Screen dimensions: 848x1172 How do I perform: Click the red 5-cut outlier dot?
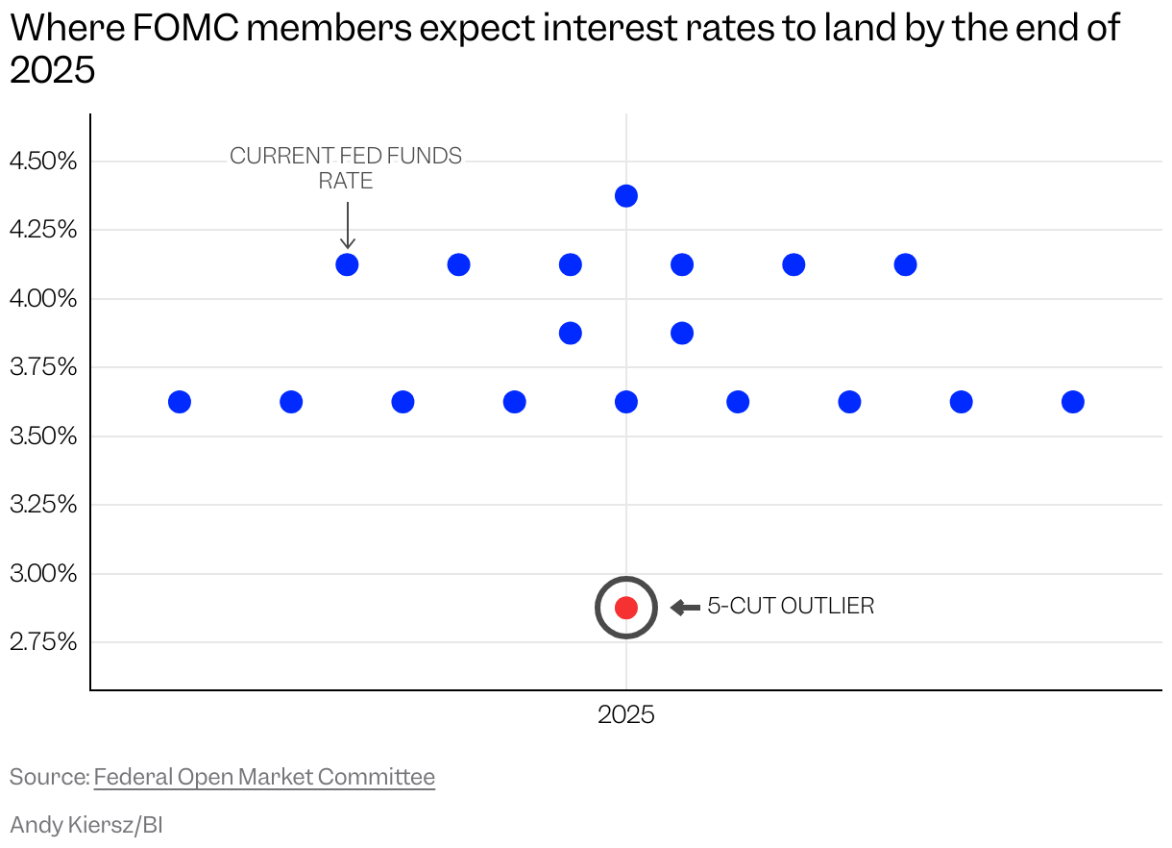626,608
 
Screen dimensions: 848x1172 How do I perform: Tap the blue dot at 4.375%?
626,196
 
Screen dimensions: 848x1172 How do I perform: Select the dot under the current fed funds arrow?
348,264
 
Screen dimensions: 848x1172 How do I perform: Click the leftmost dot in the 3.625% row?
180,402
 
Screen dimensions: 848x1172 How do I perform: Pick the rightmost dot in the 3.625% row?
1073,402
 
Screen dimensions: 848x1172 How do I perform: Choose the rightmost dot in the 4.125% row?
905,264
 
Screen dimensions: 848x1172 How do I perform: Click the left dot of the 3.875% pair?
571,334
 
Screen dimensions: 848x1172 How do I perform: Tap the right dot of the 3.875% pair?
682,334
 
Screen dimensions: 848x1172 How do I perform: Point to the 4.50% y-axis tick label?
43,162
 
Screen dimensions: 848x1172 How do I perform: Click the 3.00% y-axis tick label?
43,574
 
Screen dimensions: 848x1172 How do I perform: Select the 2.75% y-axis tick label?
43,642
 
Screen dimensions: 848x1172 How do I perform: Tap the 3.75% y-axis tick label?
43,367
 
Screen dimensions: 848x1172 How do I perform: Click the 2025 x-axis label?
626,715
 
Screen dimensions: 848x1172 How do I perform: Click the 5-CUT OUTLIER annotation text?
791,607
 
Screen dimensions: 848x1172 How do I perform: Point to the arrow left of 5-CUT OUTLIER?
685,608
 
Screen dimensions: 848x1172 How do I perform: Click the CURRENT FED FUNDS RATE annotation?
346,167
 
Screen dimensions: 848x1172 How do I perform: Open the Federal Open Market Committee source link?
264,777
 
